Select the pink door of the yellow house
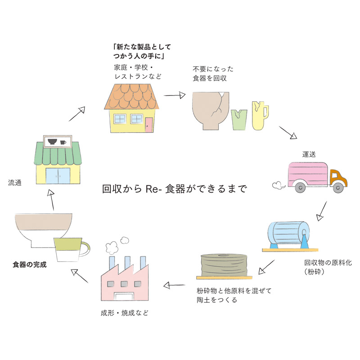click(148, 124)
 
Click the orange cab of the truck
click(337, 178)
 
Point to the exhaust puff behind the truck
click(278, 184)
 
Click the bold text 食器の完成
click(30, 265)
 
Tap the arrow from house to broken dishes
click(175, 95)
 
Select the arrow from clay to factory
click(175, 285)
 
